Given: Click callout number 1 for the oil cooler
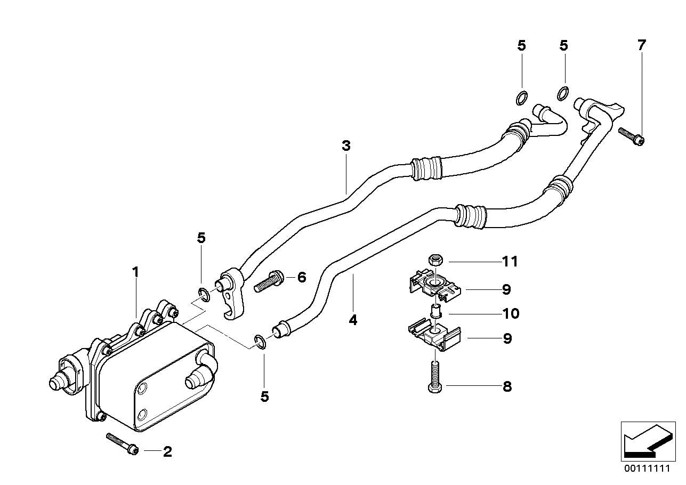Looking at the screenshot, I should pyautogui.click(x=135, y=272).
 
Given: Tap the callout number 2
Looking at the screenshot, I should pyautogui.click(x=167, y=452).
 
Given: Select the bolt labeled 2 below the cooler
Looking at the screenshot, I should pyautogui.click(x=123, y=443).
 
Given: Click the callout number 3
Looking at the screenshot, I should pyautogui.click(x=346, y=145).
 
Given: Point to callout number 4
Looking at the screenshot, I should pyautogui.click(x=353, y=320).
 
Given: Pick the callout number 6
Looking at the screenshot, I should pyautogui.click(x=302, y=277).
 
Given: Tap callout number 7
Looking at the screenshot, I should pyautogui.click(x=641, y=45).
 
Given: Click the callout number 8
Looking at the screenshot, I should pyautogui.click(x=507, y=386).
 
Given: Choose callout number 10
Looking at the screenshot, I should pyautogui.click(x=510, y=313).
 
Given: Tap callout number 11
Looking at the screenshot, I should pyautogui.click(x=510, y=262).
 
